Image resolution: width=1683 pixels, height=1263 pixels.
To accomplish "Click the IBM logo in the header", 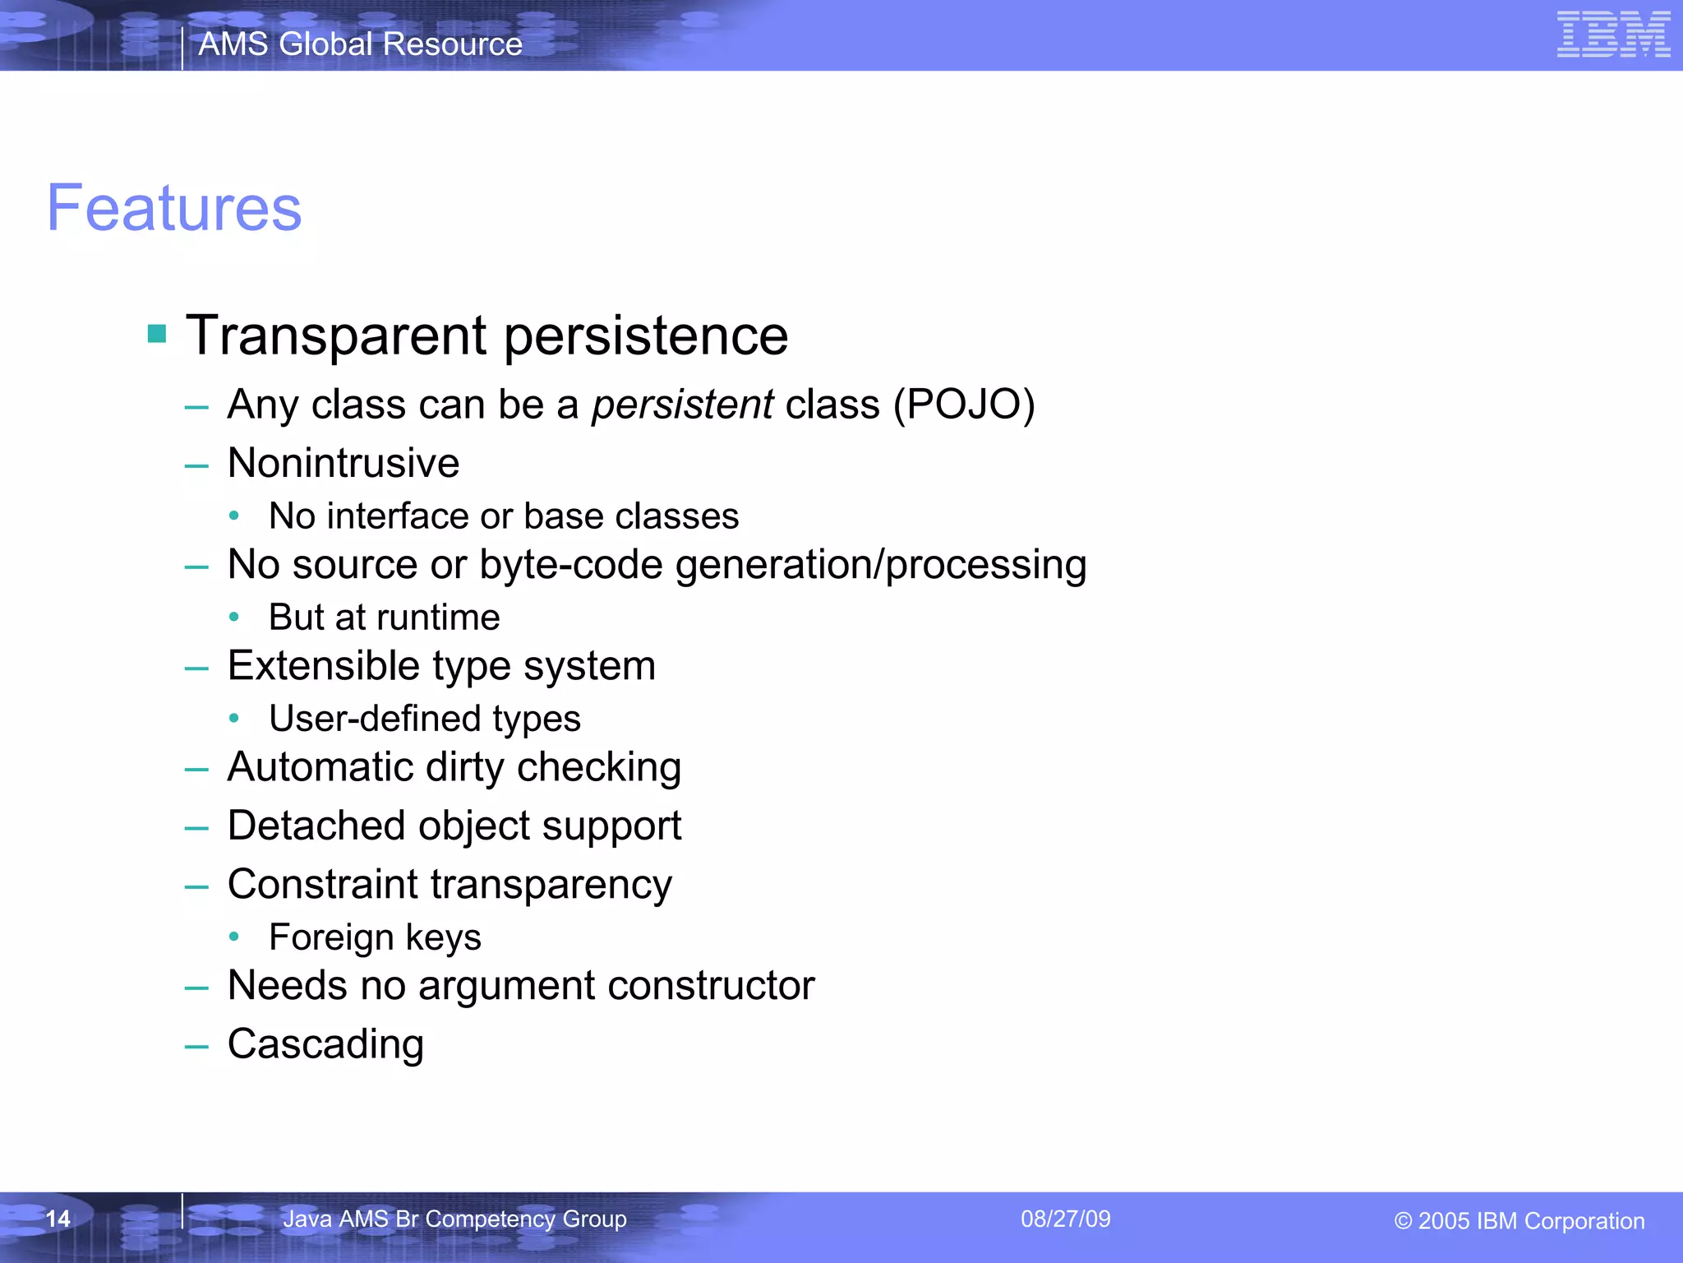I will tap(1613, 35).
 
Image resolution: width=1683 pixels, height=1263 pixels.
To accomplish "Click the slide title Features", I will tap(174, 208).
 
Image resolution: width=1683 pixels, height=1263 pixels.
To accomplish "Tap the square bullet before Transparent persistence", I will tap(157, 333).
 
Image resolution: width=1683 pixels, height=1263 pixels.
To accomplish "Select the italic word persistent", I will tap(682, 405).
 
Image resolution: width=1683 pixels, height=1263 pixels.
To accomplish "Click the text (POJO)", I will tap(964, 405).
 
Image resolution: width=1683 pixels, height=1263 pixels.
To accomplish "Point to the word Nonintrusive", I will tap(344, 463).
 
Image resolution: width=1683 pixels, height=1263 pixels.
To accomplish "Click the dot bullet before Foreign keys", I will tap(234, 937).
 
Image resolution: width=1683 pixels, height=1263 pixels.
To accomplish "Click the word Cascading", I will tap(325, 1044).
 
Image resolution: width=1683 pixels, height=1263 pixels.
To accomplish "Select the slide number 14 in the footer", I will tap(58, 1219).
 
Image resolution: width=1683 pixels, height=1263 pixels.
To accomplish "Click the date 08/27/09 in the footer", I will tap(1065, 1219).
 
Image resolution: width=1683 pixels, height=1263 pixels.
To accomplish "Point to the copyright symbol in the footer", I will tap(1403, 1221).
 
